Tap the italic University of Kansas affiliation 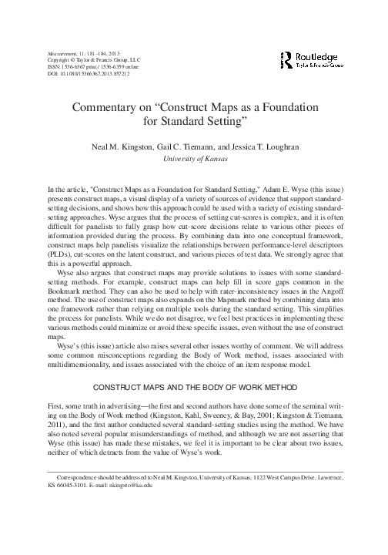[194, 158]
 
